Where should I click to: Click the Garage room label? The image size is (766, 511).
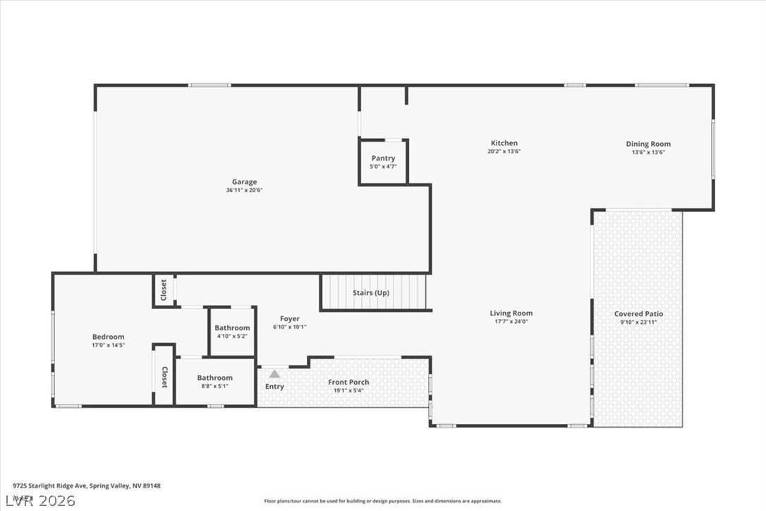244,182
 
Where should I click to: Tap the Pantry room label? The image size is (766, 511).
383,159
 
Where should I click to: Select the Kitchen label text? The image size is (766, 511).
504,143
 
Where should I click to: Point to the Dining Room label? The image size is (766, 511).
648,144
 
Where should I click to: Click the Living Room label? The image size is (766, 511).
511,313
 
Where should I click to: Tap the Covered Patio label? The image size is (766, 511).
638,314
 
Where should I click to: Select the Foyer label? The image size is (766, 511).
289,319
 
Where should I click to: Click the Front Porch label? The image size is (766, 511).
348,383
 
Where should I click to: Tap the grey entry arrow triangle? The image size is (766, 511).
274,374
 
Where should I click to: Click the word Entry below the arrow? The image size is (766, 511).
274,387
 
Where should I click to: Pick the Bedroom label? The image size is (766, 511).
108,337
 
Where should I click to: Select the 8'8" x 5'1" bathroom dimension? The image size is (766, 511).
214,387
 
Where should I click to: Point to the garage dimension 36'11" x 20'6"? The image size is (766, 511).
244,190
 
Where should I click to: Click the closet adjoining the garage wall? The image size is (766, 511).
164,290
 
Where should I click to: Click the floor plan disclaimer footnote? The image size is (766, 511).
383,501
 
